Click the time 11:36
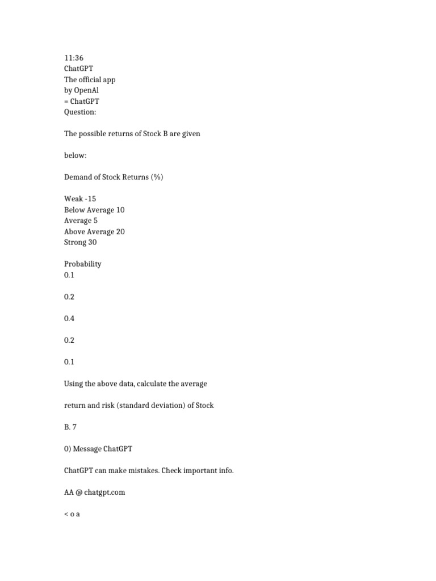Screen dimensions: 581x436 (73, 58)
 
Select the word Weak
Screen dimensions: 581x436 (73, 199)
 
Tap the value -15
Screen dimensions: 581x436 (90, 199)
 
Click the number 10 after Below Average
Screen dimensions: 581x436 (120, 210)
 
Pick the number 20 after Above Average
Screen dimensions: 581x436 (120, 231)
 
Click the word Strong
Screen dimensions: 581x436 (75, 242)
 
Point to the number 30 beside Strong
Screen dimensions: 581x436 (92, 242)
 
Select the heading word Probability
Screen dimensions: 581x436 (82, 264)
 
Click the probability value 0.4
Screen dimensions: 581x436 (69, 318)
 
